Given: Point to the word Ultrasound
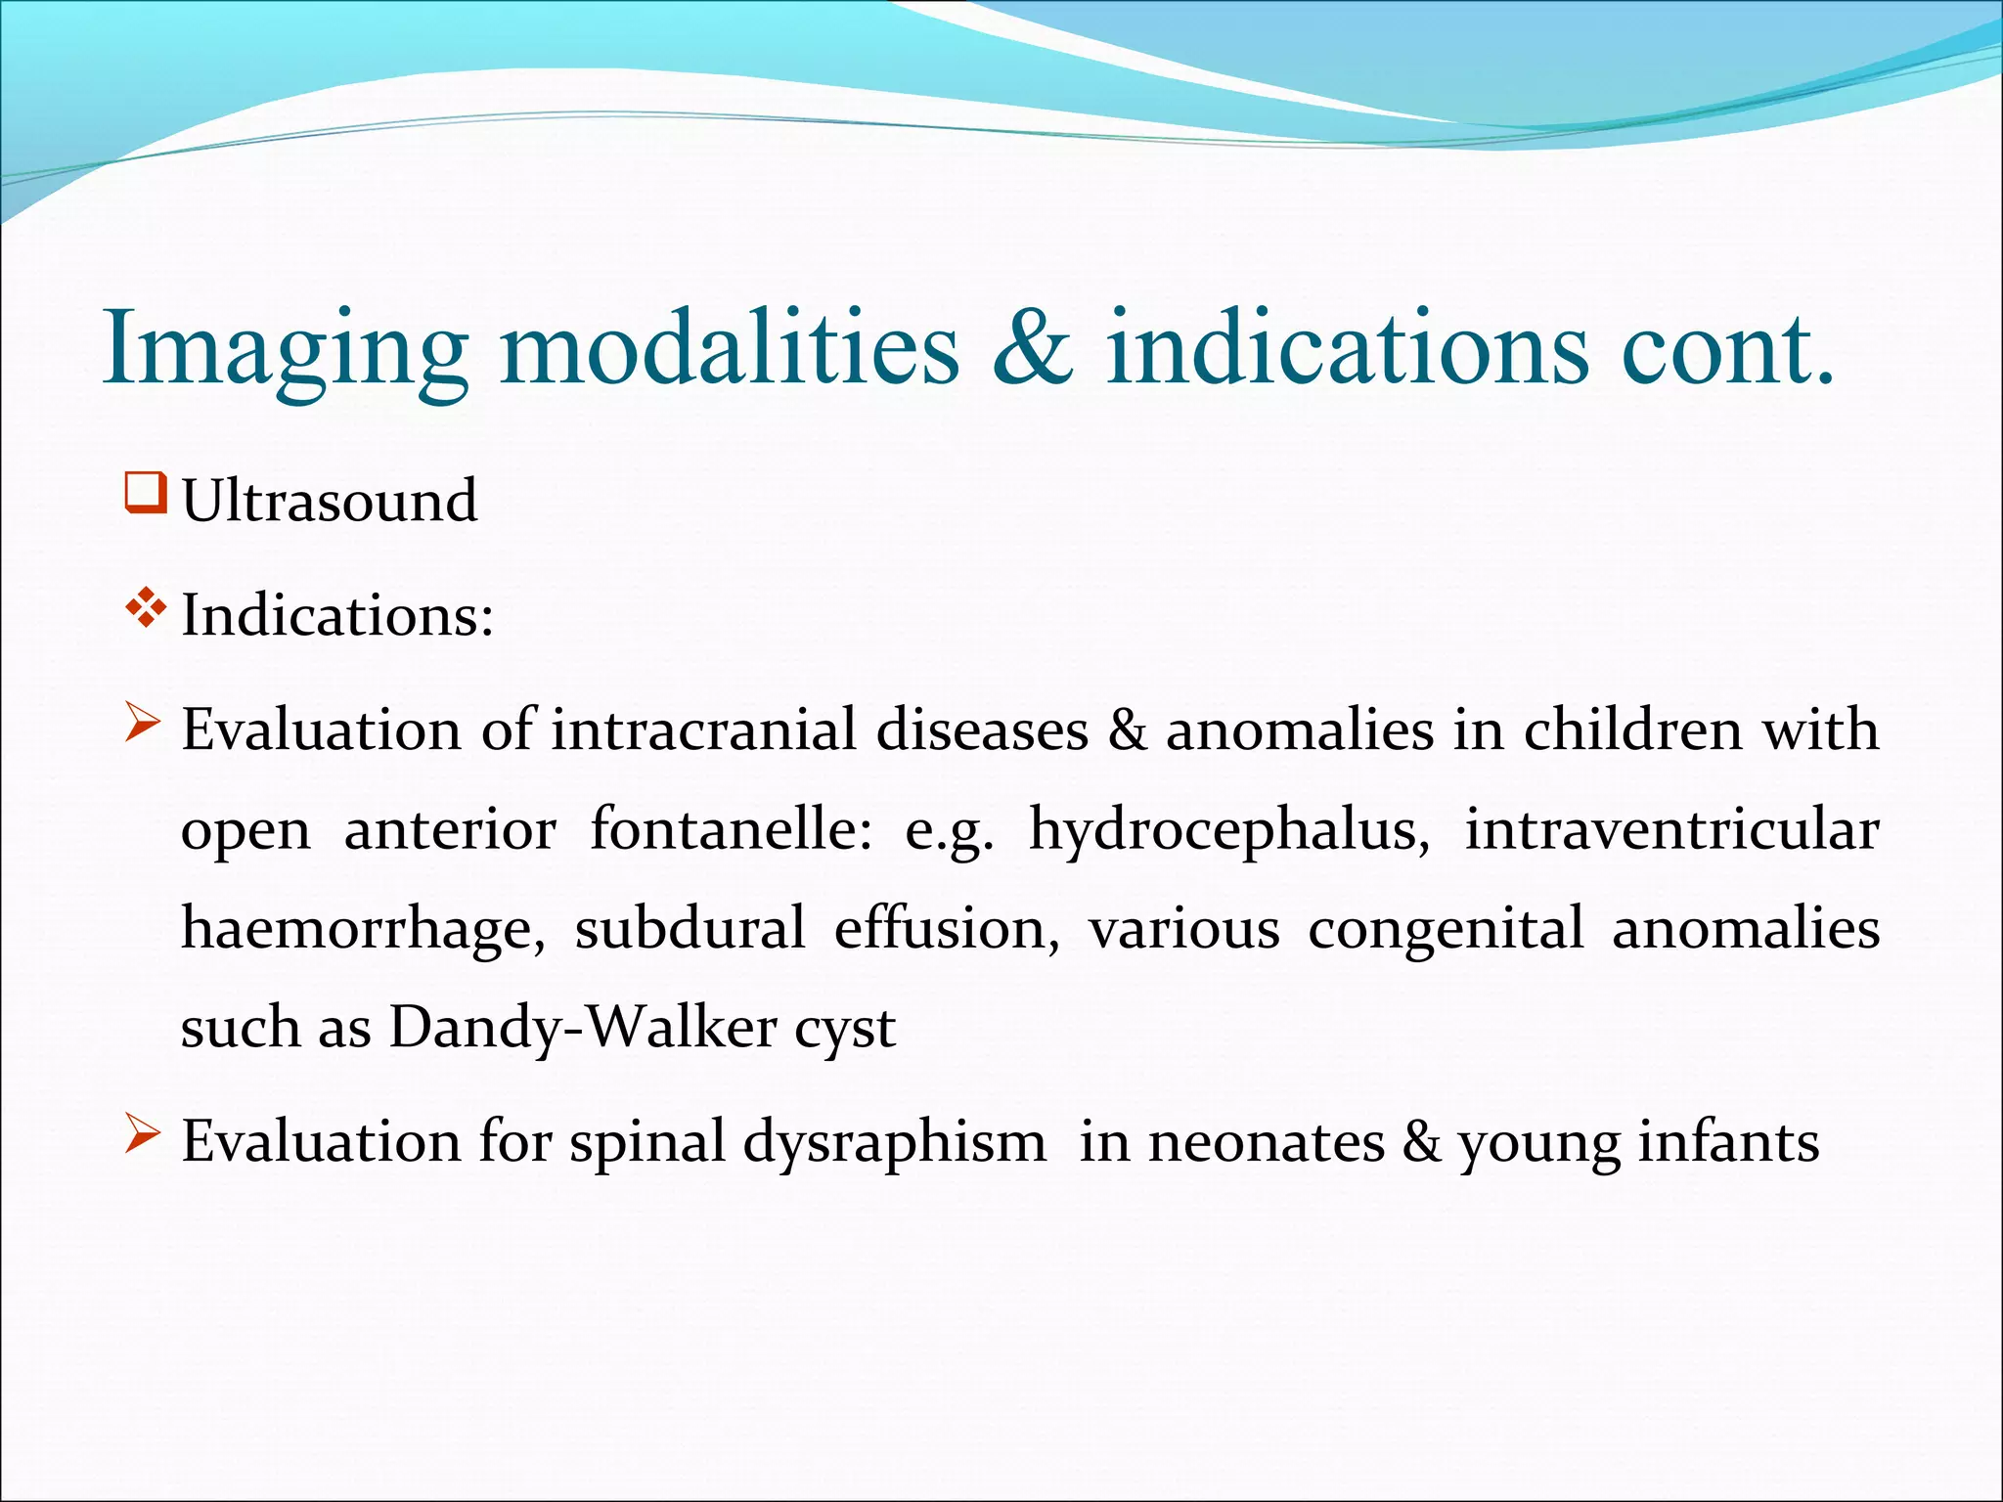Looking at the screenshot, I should tap(330, 501).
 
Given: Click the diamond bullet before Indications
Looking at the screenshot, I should tap(145, 608).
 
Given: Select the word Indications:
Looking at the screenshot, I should tap(337, 616).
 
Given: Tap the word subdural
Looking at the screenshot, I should tap(690, 929).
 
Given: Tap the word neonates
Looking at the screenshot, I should tap(1266, 1142).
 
